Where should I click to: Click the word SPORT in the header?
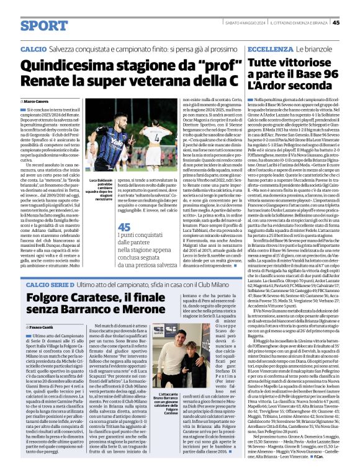pyautogui.click(x=43, y=25)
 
